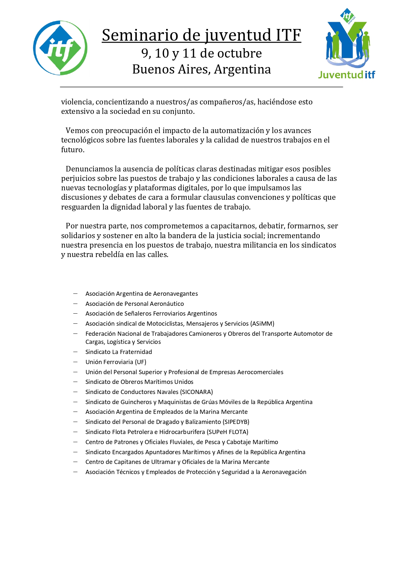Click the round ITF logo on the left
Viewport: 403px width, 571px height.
(60, 48)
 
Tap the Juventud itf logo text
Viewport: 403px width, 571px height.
(346, 75)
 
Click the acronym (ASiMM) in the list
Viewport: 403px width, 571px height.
(262, 324)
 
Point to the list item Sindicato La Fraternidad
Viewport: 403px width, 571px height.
(119, 352)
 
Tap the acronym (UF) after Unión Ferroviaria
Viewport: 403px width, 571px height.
(140, 362)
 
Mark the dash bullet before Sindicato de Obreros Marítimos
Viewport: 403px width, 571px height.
(75, 382)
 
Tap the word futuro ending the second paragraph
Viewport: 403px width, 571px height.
(72, 150)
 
